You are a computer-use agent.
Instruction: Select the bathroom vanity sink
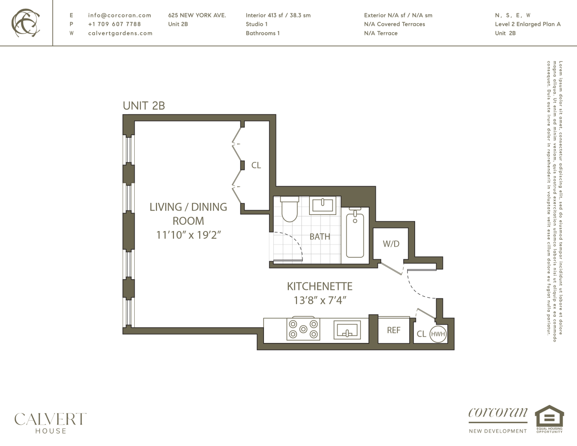tap(323, 205)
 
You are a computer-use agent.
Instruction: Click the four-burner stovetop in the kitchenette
tap(303, 329)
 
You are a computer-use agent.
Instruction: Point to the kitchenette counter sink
tap(347, 330)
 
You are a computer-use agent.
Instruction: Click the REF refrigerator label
tap(393, 330)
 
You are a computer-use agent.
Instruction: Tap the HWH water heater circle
tap(438, 334)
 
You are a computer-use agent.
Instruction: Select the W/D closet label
tap(391, 244)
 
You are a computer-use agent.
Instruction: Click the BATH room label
tap(320, 237)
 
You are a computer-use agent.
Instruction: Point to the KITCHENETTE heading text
tap(319, 286)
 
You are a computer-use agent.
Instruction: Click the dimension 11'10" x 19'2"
tap(188, 235)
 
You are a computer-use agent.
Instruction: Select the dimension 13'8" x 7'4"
tap(320, 301)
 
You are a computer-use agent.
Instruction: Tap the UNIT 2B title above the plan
tap(144, 106)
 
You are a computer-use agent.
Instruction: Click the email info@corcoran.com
tap(120, 15)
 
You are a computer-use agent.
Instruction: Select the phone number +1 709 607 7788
tap(114, 24)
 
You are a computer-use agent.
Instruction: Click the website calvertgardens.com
tap(120, 33)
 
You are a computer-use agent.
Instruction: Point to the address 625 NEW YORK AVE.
tap(197, 15)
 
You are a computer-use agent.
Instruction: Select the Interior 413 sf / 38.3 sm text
tap(278, 15)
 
